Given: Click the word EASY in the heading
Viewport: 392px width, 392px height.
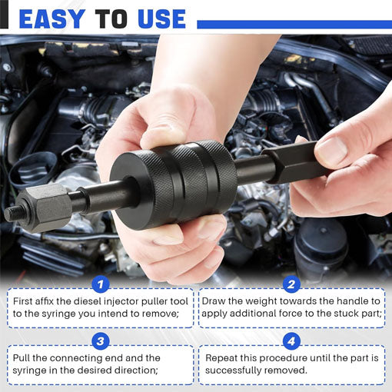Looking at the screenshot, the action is (52, 19).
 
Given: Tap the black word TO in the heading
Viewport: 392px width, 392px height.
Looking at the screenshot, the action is (111, 19).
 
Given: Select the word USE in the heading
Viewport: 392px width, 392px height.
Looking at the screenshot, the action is (162, 19).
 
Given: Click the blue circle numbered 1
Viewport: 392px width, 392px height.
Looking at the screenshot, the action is (101, 284).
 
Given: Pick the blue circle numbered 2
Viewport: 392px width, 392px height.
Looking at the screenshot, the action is (291, 284).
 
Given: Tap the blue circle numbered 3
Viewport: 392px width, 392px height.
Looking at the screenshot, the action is (101, 341).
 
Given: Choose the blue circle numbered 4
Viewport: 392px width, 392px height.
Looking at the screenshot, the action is (291, 341).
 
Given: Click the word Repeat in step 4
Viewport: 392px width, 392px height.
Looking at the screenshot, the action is (221, 359).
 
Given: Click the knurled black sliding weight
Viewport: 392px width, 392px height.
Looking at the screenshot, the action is (174, 184).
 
